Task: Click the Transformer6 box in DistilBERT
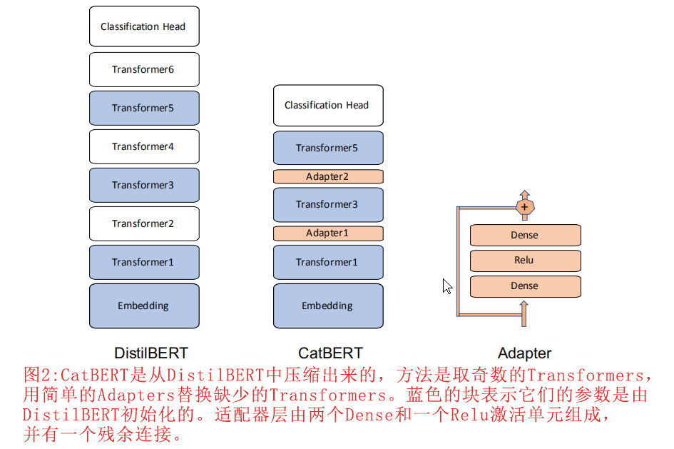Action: (144, 70)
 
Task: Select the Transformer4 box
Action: (144, 147)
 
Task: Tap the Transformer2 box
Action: (144, 224)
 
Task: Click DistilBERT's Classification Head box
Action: (144, 27)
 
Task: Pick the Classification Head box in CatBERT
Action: (328, 106)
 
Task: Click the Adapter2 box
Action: (328, 176)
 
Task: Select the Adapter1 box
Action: (328, 233)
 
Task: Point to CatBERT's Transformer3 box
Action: (328, 205)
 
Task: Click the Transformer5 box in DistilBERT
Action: (144, 109)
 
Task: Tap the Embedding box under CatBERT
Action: (328, 306)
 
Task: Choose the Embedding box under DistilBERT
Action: (144, 306)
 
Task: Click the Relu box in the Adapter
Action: (525, 261)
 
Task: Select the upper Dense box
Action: (525, 236)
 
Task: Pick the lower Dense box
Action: (525, 286)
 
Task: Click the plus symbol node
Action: (525, 207)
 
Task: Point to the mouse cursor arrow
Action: (446, 286)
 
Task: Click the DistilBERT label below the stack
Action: (151, 353)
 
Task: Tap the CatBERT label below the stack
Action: (330, 353)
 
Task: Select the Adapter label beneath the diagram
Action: (524, 353)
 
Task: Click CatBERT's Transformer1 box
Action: (328, 263)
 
